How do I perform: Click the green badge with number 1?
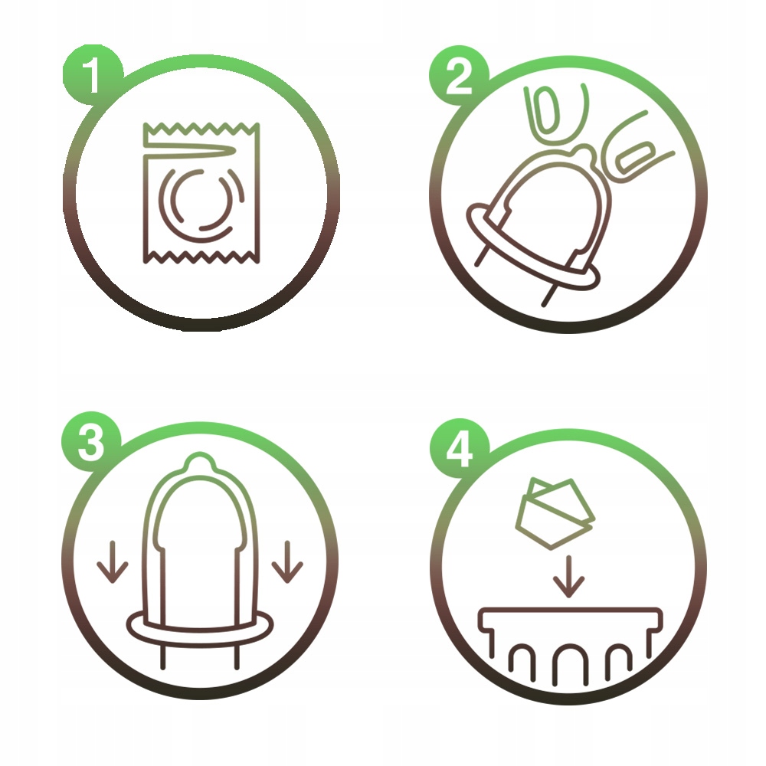click(x=92, y=75)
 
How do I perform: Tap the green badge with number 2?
click(x=459, y=75)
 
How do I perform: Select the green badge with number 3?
click(x=91, y=442)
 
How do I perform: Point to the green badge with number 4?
click(x=459, y=448)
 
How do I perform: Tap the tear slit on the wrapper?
click(x=191, y=151)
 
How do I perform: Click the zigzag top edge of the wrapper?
click(x=201, y=129)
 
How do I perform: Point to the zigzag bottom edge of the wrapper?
click(x=201, y=257)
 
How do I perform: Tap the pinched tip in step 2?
click(x=585, y=154)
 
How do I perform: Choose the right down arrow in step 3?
click(x=287, y=561)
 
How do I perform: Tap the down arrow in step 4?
click(x=568, y=577)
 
